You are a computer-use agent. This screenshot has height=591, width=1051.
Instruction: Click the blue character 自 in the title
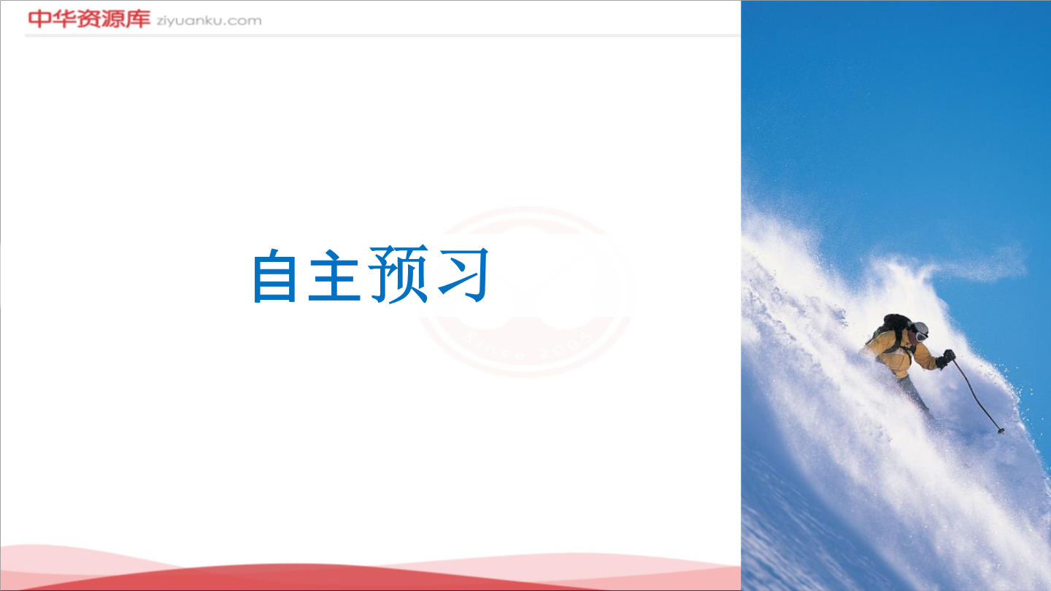[275, 277]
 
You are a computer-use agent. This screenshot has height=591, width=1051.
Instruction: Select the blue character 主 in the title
[334, 275]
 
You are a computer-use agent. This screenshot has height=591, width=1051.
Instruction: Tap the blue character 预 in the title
[399, 274]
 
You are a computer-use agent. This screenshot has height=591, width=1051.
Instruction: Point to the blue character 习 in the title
[464, 275]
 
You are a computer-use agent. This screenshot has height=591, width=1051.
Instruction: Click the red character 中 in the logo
[39, 19]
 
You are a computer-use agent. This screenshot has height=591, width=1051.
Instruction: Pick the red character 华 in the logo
[63, 19]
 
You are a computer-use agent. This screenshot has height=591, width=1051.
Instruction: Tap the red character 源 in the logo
[113, 19]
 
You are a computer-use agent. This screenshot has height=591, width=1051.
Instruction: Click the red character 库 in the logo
[138, 19]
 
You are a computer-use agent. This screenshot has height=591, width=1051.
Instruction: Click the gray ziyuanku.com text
[209, 21]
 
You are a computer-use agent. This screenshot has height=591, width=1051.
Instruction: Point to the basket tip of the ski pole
[1001, 430]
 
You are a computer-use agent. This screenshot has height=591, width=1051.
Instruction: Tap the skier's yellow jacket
[898, 352]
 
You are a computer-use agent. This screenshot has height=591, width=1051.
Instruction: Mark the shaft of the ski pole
[976, 395]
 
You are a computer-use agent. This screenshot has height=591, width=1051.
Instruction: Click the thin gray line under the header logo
[382, 35]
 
